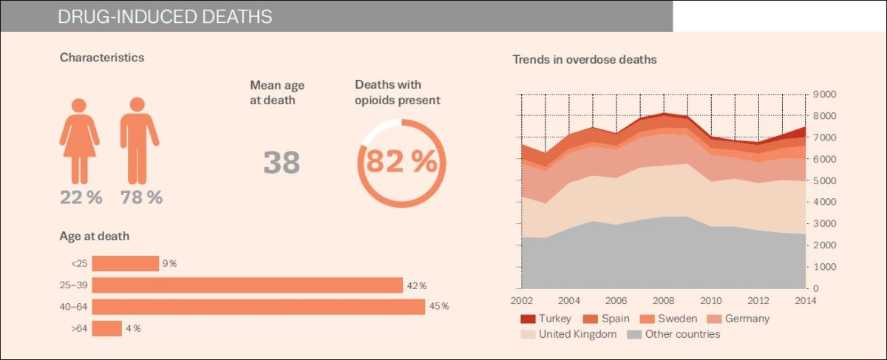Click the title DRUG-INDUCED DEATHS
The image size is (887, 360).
pos(164,16)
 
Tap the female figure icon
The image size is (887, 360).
pos(79,140)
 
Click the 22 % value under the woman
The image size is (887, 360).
pos(81,197)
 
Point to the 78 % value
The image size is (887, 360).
pos(141,197)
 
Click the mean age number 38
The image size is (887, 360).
pos(282,163)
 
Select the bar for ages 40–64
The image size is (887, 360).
pos(258,306)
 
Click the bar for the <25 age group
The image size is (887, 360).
pos(125,264)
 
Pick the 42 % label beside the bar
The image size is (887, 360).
pos(415,285)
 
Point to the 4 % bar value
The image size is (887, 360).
pos(133,328)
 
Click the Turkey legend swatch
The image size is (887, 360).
pos(528,319)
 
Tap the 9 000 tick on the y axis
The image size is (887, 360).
pos(824,95)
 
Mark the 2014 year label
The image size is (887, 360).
pos(806,301)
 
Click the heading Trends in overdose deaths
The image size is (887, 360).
pos(585,59)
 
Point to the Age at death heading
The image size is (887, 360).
pos(95,237)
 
